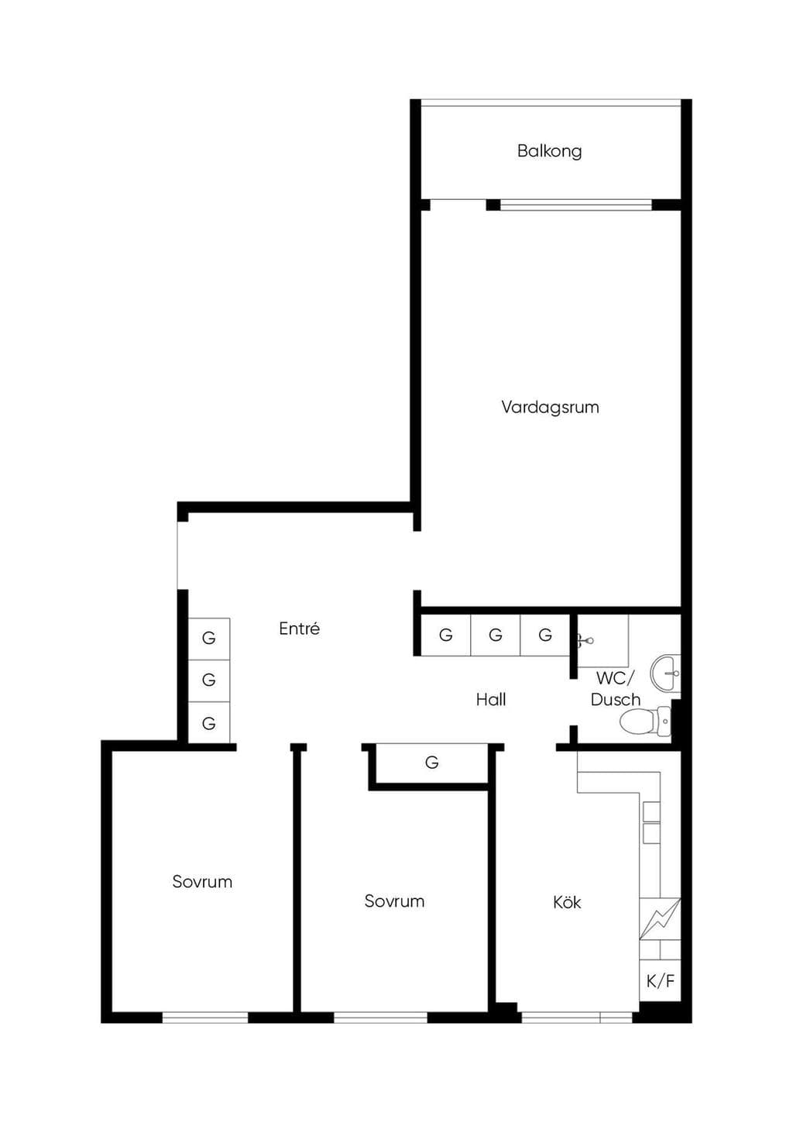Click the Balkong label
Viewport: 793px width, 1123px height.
549,151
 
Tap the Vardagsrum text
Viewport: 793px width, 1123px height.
550,407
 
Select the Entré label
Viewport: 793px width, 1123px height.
299,629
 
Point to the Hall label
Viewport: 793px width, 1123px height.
491,699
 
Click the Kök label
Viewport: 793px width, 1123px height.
567,902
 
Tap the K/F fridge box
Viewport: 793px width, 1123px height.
661,981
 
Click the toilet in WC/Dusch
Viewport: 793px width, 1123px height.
645,722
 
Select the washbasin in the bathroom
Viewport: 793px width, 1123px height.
666,672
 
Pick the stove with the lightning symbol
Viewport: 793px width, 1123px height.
661,918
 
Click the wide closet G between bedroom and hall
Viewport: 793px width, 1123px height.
431,763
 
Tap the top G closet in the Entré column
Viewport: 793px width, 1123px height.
209,638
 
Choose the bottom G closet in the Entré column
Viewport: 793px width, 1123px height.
209,723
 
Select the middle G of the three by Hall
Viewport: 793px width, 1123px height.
496,636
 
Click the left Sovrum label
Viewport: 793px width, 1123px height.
202,881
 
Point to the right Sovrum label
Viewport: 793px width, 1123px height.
394,901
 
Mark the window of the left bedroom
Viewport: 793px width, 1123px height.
205,1018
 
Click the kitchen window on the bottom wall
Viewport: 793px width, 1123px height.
577,1018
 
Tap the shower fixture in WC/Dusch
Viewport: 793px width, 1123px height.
586,640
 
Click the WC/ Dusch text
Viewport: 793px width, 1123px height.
616,689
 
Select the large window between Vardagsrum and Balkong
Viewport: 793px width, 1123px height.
576,205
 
